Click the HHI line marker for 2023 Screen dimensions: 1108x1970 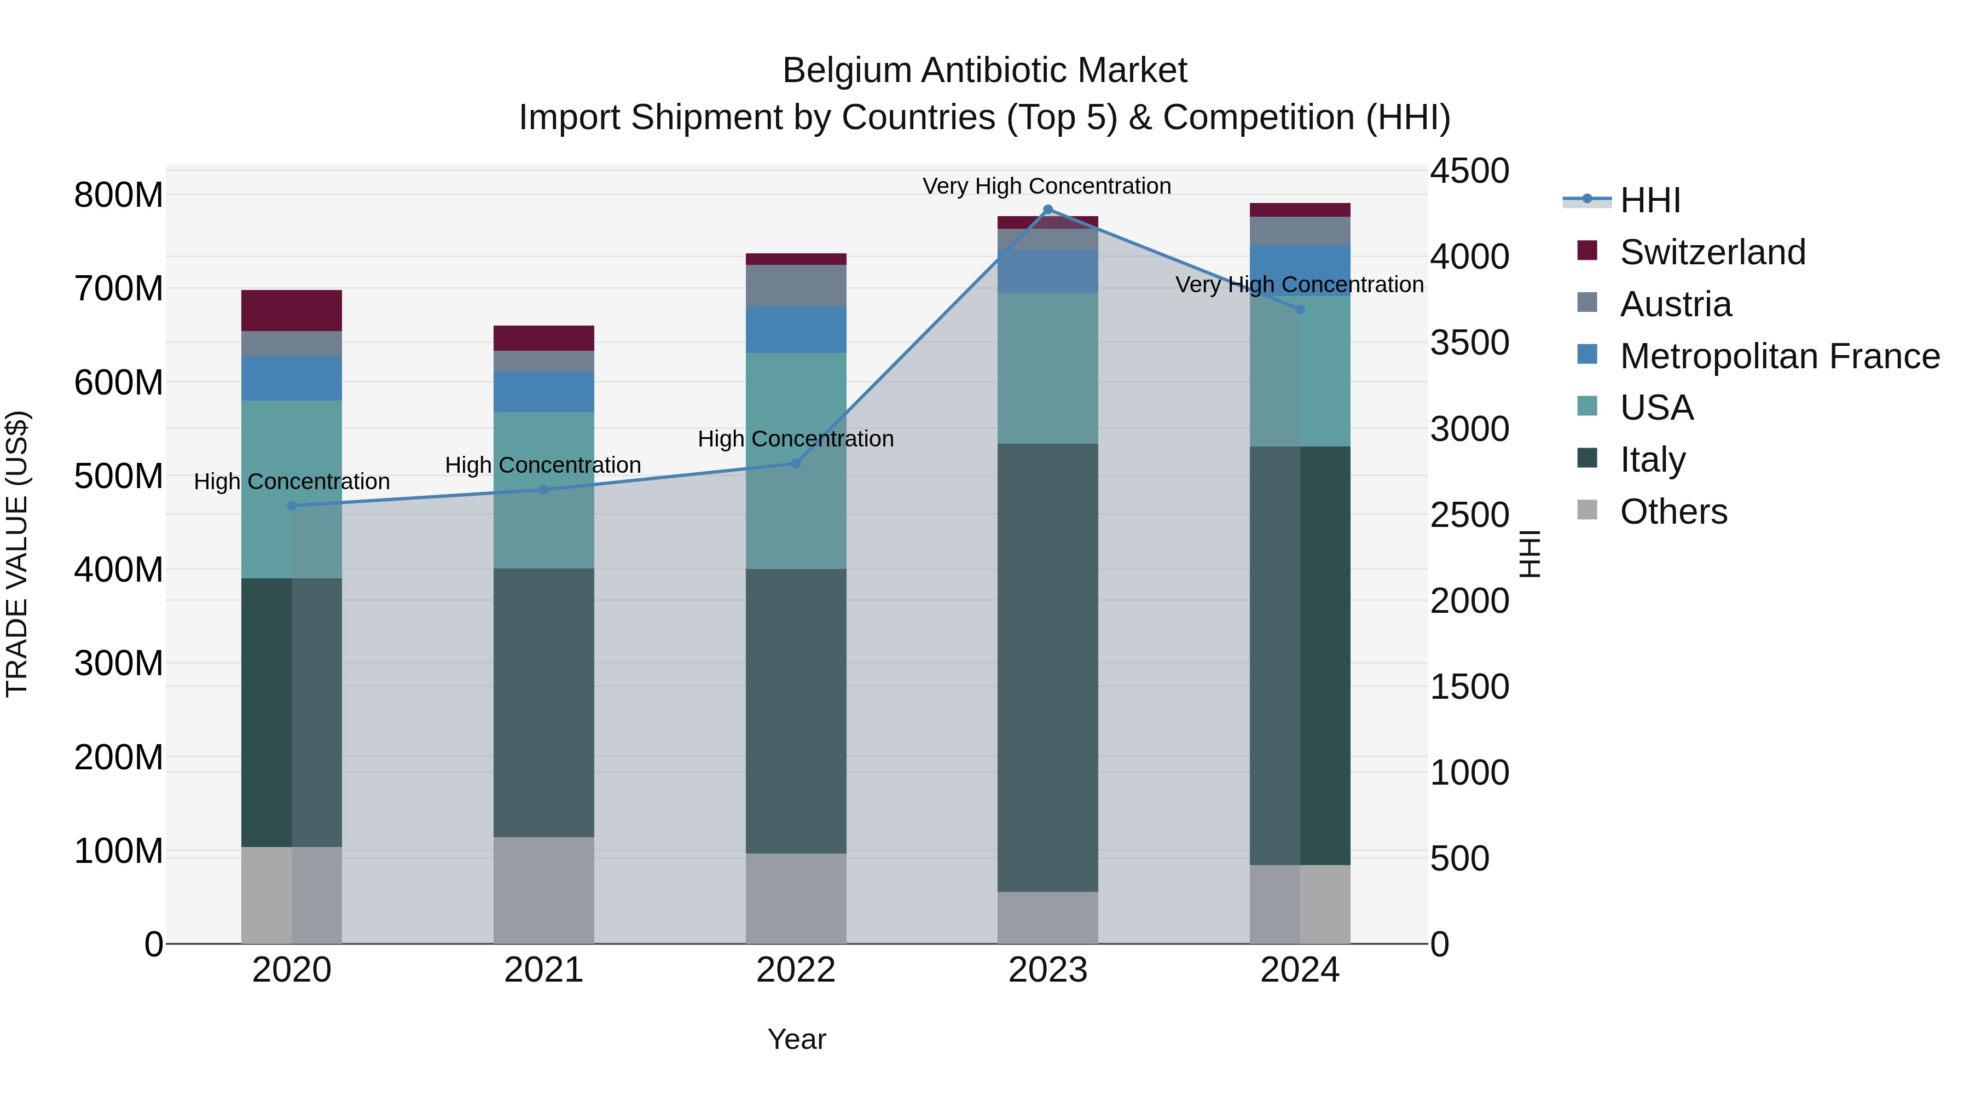[1048, 210]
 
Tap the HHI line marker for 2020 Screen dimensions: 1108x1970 [291, 506]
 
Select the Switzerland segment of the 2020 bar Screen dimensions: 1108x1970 [291, 310]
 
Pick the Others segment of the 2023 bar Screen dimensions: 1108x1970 [1048, 917]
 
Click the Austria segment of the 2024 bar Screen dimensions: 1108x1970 [1300, 230]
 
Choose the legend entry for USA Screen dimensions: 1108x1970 [1656, 408]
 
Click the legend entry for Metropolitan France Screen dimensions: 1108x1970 [1779, 356]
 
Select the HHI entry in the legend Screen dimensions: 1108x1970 [1649, 200]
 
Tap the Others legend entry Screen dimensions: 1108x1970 [1673, 512]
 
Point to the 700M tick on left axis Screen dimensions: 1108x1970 [119, 289]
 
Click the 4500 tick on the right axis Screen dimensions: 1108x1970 [1469, 171]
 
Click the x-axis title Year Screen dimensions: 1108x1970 [796, 1039]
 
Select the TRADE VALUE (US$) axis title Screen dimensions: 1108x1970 [17, 554]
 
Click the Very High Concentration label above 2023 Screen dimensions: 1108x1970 [1046, 186]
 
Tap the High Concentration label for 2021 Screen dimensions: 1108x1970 [543, 465]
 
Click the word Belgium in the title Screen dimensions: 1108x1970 [847, 71]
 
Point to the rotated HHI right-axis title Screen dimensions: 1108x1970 [1529, 554]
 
